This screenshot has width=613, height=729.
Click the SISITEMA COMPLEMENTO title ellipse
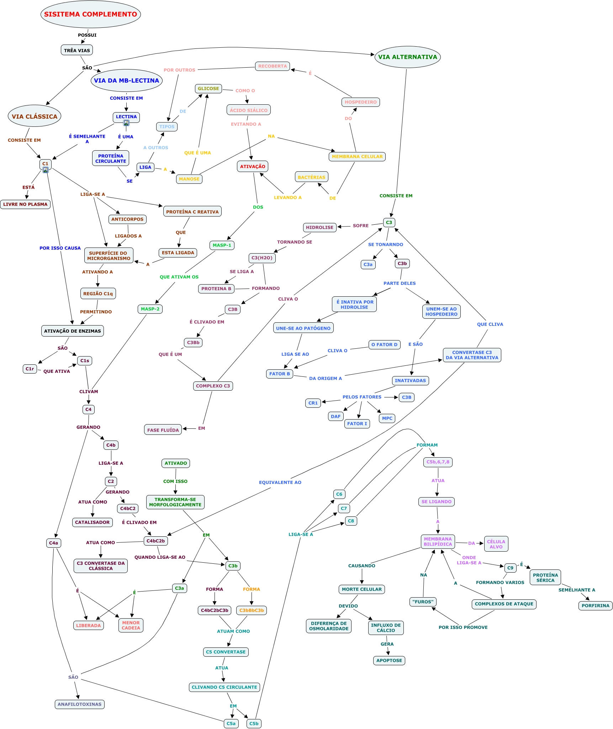click(x=91, y=14)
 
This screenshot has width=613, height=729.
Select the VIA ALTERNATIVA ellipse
click(x=408, y=57)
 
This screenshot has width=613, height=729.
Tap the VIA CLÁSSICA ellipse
click(x=35, y=116)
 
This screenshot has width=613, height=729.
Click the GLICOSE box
click(x=208, y=89)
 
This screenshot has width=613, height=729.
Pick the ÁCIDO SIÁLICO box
click(x=249, y=110)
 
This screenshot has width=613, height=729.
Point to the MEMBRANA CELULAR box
click(x=357, y=156)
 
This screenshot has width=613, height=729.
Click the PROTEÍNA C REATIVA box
click(x=192, y=212)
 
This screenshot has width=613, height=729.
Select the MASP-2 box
click(x=150, y=309)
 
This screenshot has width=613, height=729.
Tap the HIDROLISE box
click(x=320, y=227)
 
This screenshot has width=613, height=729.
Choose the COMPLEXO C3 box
click(x=213, y=386)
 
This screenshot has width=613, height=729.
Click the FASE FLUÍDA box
click(x=163, y=430)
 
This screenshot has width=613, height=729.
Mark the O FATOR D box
click(x=385, y=344)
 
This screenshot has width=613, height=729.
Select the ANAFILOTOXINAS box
click(x=80, y=704)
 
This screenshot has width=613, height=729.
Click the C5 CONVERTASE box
click(x=226, y=652)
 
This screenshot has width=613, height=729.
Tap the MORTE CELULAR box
click(x=362, y=589)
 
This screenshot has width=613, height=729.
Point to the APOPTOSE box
click(x=389, y=660)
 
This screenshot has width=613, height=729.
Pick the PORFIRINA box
click(x=596, y=605)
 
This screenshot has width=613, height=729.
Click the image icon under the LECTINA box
click(x=126, y=123)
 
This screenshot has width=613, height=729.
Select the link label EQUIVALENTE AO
click(x=280, y=482)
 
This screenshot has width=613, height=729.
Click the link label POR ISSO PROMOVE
click(x=463, y=627)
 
